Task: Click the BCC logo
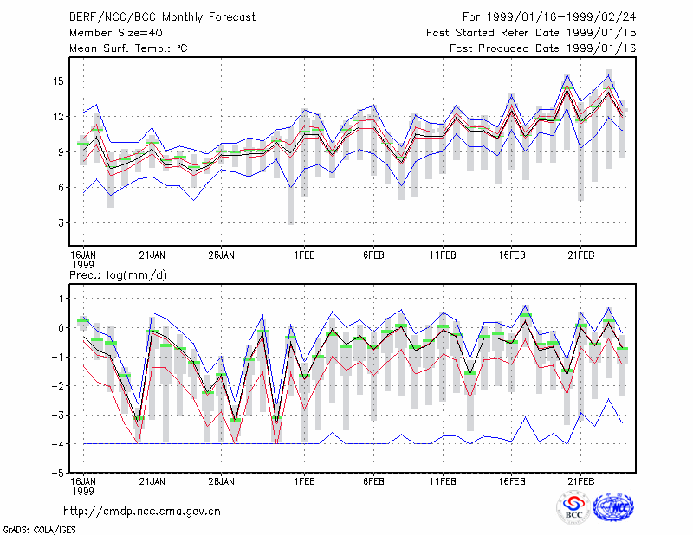point(573,507)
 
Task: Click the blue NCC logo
point(613,507)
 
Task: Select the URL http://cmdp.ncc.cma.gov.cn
point(142,512)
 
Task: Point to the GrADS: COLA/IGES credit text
point(39,530)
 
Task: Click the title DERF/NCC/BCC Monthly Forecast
point(162,17)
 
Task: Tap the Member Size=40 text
point(116,33)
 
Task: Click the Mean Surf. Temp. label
point(128,48)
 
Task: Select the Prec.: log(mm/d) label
point(118,275)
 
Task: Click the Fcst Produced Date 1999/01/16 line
point(543,48)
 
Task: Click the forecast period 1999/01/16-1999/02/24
point(561,17)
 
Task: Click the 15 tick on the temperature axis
point(59,81)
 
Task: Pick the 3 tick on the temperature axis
point(61,223)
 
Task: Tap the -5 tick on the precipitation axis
point(57,473)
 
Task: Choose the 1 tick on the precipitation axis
point(62,299)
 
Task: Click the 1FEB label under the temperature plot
point(305,255)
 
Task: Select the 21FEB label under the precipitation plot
point(580,481)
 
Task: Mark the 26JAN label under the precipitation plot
point(222,481)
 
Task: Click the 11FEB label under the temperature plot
point(443,255)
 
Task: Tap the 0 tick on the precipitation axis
point(61,328)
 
